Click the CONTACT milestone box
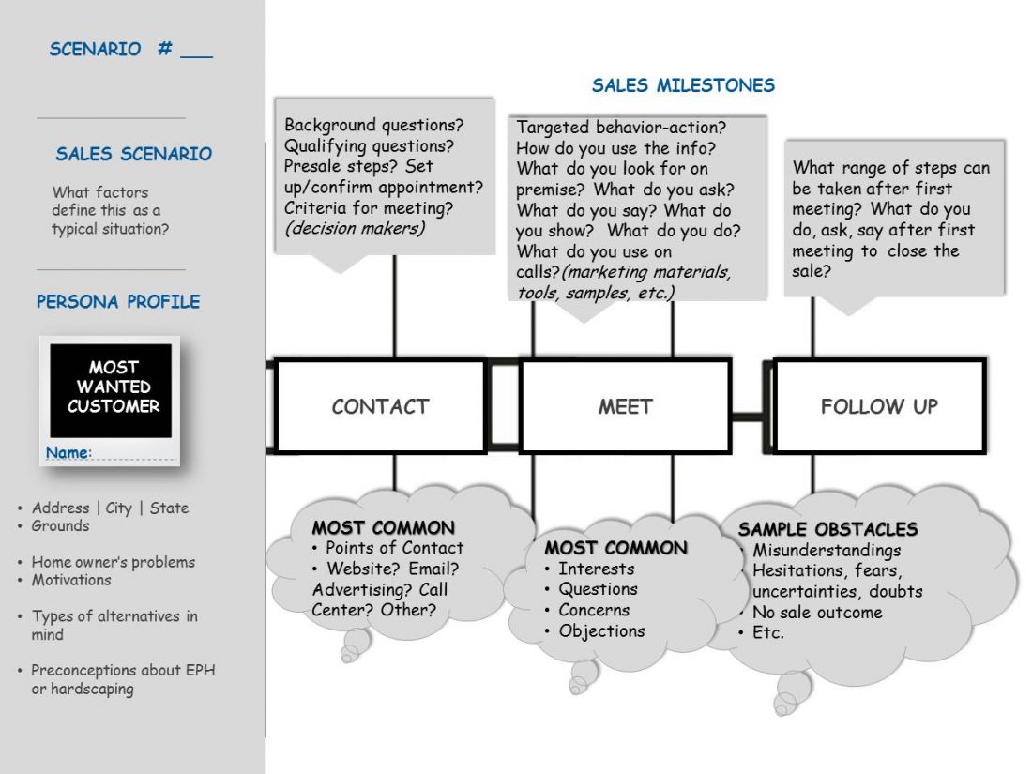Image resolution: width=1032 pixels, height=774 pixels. point(380,406)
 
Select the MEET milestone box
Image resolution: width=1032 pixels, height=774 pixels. point(625,406)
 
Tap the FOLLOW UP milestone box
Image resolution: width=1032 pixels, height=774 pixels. point(879,406)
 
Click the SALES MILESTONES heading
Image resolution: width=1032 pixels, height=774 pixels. point(683,85)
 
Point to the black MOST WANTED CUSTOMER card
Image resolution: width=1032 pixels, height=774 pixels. point(112,387)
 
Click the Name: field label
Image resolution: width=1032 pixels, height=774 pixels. point(68,453)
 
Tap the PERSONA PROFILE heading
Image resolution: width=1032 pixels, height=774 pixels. point(118,302)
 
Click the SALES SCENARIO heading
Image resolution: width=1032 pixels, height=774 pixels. point(133,154)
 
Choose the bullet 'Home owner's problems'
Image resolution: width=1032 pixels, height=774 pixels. point(113,562)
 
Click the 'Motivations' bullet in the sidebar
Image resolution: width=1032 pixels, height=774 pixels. point(71,580)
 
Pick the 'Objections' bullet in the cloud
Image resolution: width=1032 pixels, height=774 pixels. point(601,630)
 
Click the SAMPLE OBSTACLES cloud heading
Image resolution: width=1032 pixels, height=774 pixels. point(827,529)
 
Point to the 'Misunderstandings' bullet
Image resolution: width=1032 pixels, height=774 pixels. point(826,551)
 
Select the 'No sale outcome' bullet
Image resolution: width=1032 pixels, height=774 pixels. point(816,613)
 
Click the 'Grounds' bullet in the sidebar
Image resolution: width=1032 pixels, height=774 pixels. point(60,525)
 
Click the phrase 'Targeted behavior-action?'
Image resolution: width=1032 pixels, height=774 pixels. point(621,127)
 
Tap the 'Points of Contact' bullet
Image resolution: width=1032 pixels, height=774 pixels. point(393,548)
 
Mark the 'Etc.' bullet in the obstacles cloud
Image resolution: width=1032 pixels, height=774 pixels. point(767,633)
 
